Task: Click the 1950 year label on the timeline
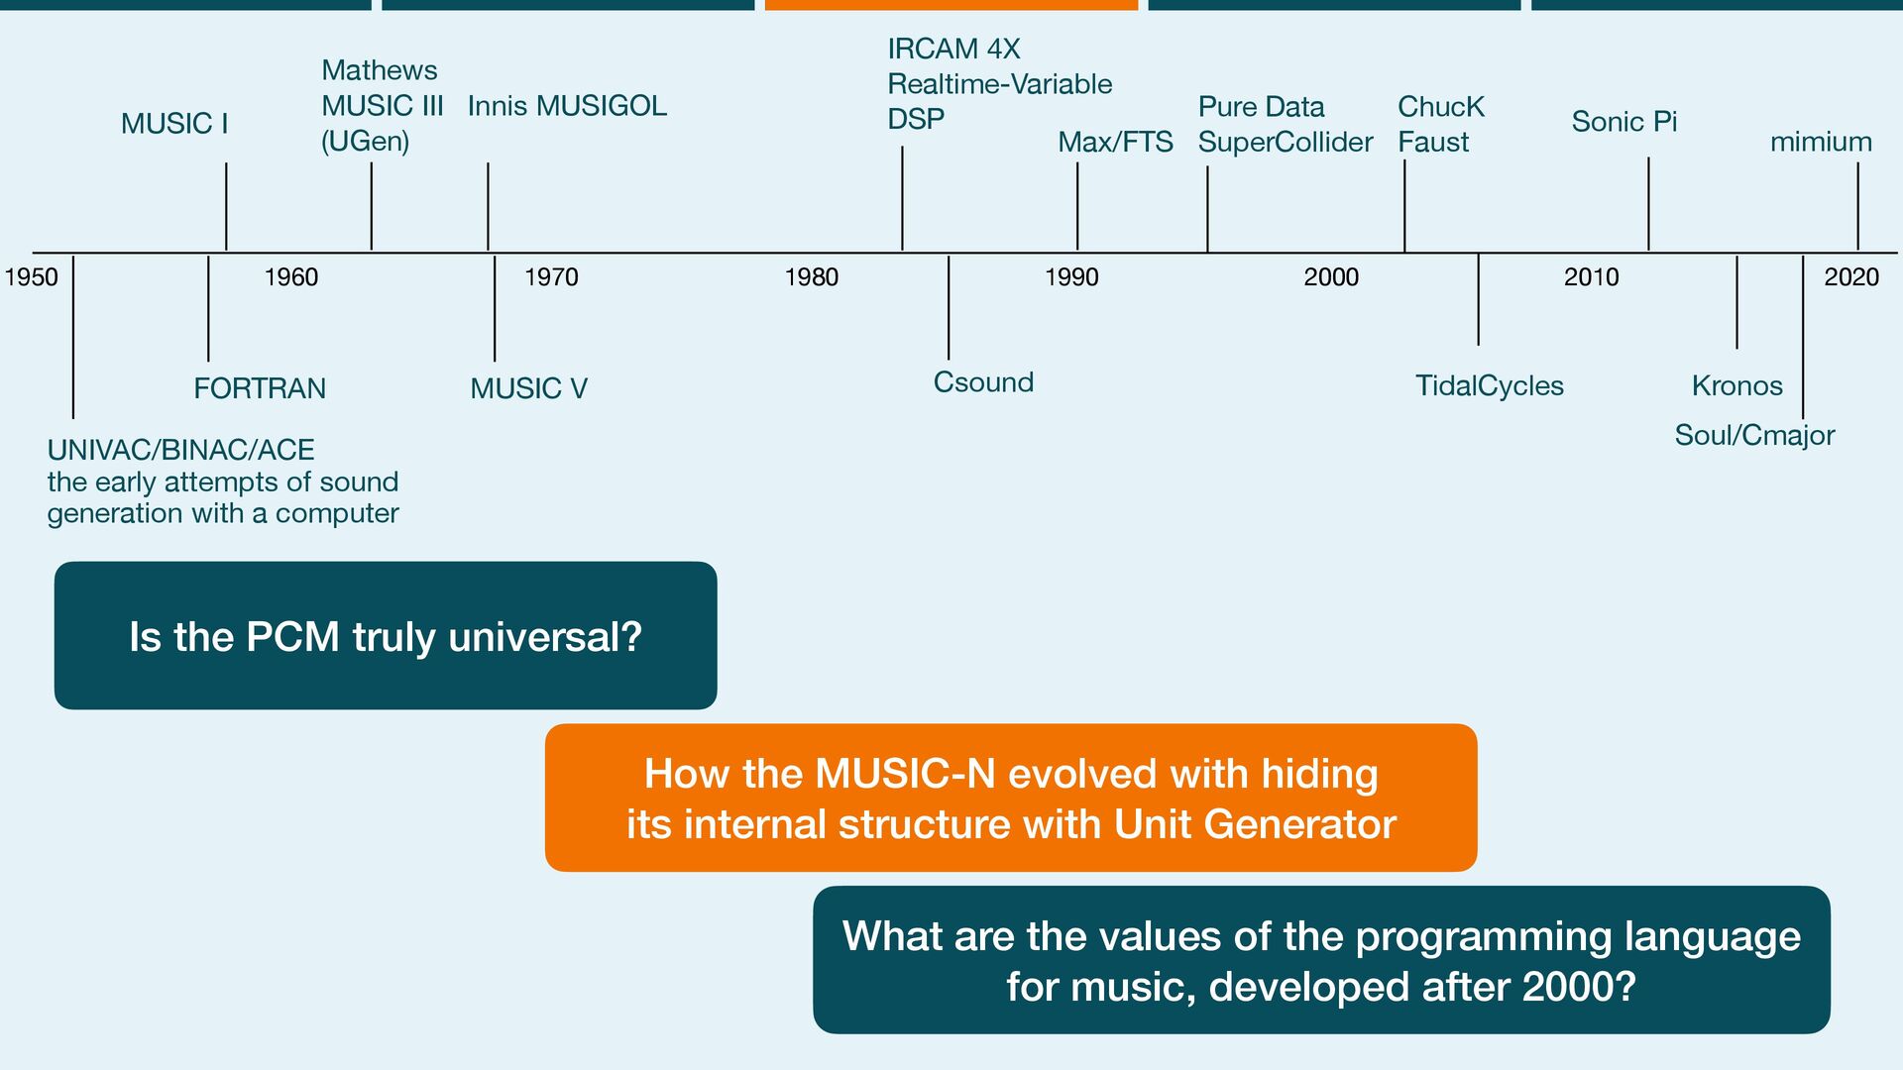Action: [x=32, y=277]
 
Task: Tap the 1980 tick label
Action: [x=811, y=277]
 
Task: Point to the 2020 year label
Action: [x=1850, y=277]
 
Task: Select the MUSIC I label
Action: [x=174, y=124]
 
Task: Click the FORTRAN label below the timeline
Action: [x=260, y=388]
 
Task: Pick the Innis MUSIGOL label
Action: [x=567, y=106]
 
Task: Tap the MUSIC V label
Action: [x=528, y=388]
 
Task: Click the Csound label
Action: [x=983, y=382]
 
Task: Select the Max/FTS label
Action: [x=1115, y=143]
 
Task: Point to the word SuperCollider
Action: [x=1286, y=143]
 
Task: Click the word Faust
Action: [x=1433, y=143]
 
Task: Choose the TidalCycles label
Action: [x=1489, y=386]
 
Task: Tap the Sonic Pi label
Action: [x=1623, y=122]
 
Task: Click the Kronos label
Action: [x=1736, y=386]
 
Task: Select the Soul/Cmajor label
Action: [x=1754, y=436]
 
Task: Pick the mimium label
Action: [x=1821, y=143]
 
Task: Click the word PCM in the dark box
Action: [x=292, y=637]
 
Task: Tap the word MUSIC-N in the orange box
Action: [x=905, y=774]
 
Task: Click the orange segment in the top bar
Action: [x=951, y=5]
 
